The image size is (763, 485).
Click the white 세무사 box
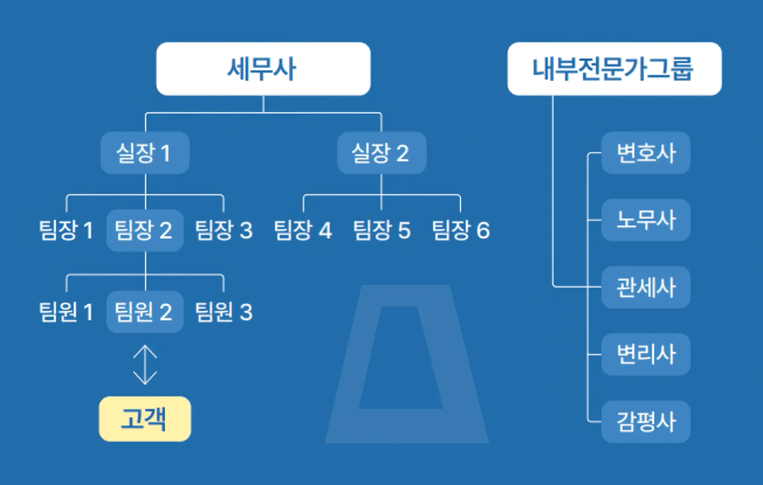pyautogui.click(x=263, y=69)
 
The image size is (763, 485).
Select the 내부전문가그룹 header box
pyautogui.click(x=614, y=69)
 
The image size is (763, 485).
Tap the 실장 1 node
pyautogui.click(x=145, y=153)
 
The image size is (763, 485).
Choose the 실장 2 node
pyautogui.click(x=381, y=153)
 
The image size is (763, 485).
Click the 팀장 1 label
pyautogui.click(x=66, y=230)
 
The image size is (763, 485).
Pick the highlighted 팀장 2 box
pyautogui.click(x=145, y=230)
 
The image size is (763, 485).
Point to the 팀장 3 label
pyautogui.click(x=224, y=230)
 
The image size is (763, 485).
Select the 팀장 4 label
pyautogui.click(x=303, y=230)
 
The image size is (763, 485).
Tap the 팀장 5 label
pyautogui.click(x=382, y=230)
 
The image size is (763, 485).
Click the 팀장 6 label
pyautogui.click(x=461, y=230)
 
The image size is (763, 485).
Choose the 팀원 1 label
pyautogui.click(x=66, y=312)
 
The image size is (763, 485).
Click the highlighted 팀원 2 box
pyautogui.click(x=145, y=312)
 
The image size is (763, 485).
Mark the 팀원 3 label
pyautogui.click(x=224, y=312)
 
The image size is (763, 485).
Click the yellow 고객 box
pyautogui.click(x=145, y=419)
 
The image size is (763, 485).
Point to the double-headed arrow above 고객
pyautogui.click(x=145, y=365)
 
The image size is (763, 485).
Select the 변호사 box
pyautogui.click(x=646, y=153)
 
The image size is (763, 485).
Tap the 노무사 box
pyautogui.click(x=646, y=220)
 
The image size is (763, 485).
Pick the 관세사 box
pyautogui.click(x=646, y=287)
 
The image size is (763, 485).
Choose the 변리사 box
pyautogui.click(x=646, y=354)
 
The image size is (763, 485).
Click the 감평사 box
pyautogui.click(x=646, y=421)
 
